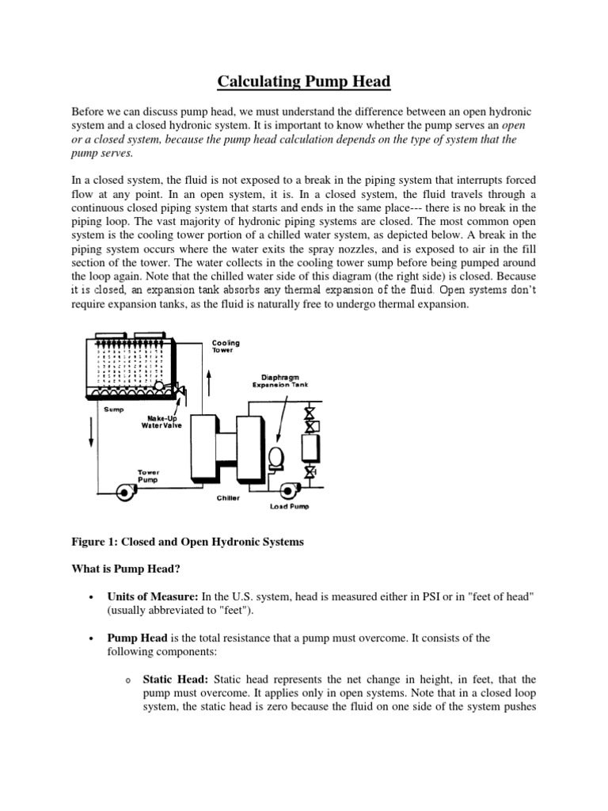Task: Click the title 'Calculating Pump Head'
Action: click(x=304, y=82)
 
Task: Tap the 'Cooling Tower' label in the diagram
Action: click(x=226, y=347)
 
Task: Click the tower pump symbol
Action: click(x=126, y=493)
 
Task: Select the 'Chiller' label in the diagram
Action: click(x=228, y=499)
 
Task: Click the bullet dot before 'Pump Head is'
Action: click(x=93, y=638)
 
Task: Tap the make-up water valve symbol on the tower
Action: click(x=181, y=392)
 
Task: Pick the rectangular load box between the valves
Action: click(x=310, y=450)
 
